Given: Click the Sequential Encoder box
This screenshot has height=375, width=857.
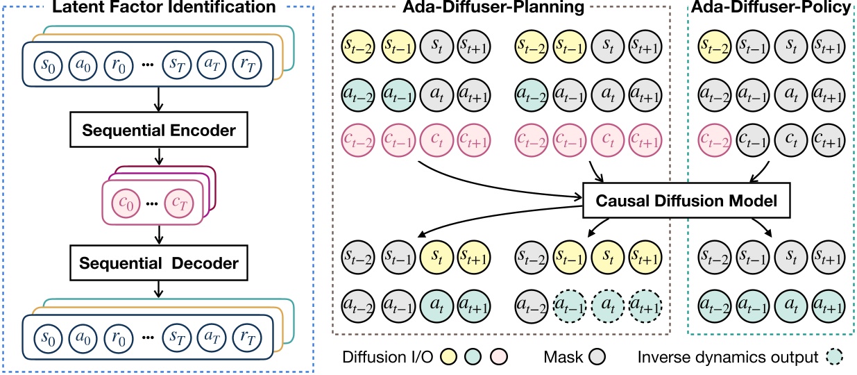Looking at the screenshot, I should click(160, 130).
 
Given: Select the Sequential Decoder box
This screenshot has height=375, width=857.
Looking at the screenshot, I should click(160, 263).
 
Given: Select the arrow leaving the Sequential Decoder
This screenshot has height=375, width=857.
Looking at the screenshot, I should click(160, 288).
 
